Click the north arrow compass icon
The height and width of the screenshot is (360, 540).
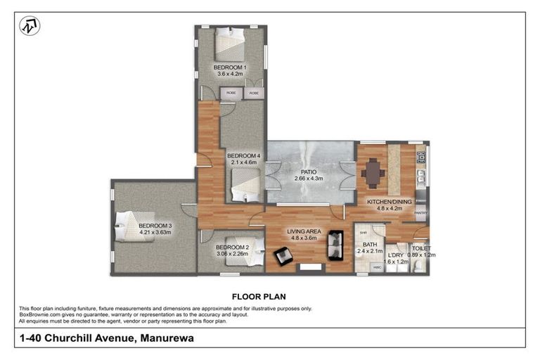30,26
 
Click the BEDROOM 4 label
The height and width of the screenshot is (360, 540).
243,155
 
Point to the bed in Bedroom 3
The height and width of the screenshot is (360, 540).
131,225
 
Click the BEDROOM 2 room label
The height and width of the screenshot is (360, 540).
232,247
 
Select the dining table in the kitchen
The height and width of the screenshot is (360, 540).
373,172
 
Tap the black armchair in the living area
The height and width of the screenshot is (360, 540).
284,256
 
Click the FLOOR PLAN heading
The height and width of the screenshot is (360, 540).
258,296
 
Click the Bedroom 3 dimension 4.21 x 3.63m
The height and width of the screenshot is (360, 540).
155,232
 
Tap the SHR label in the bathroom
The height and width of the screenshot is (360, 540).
364,233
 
